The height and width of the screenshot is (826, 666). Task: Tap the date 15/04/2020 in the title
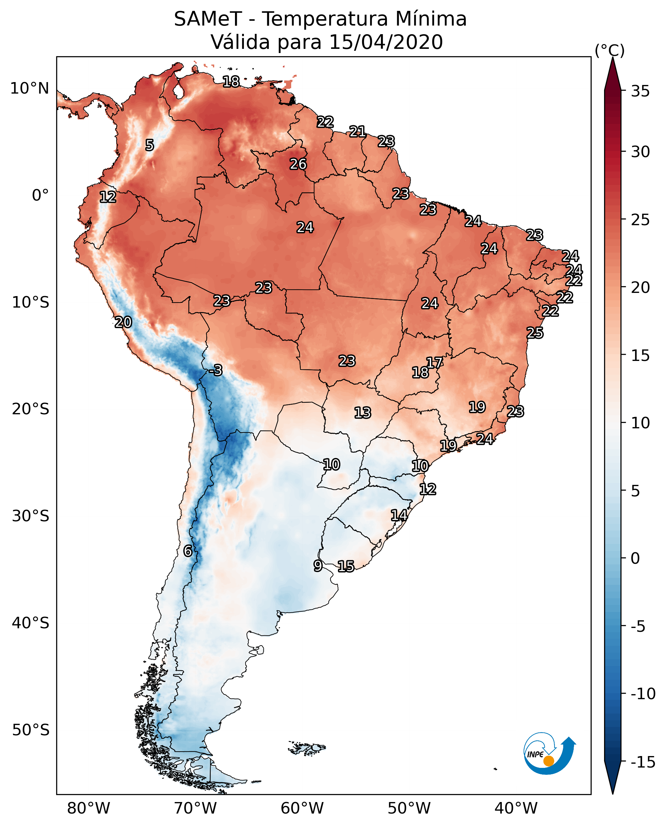click(386, 42)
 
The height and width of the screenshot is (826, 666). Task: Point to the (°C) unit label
click(609, 50)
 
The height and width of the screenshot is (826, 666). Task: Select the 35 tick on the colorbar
click(640, 91)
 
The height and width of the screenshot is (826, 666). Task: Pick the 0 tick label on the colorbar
click(635, 558)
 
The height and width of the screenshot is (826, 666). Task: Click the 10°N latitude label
click(30, 89)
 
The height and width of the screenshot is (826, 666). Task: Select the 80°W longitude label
click(89, 808)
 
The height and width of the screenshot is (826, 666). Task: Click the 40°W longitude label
click(516, 808)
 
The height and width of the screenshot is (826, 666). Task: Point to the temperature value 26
click(298, 164)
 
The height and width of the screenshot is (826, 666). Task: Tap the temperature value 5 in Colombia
click(150, 145)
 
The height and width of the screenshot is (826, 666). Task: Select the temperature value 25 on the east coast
click(535, 333)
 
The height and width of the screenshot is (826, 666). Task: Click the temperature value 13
click(363, 413)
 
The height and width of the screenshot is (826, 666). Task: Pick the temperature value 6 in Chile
click(188, 551)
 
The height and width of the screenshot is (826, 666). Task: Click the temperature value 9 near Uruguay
click(318, 566)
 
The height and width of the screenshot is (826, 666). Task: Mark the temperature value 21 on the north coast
click(358, 132)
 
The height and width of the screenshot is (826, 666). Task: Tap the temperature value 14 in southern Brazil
click(399, 515)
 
